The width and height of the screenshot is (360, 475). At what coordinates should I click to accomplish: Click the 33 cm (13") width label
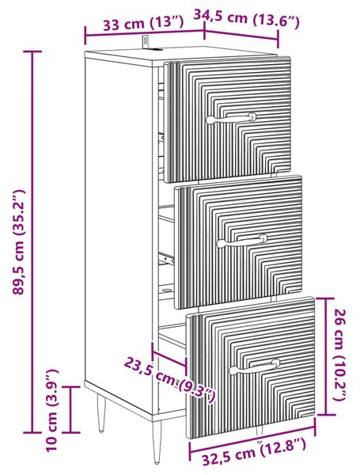143,23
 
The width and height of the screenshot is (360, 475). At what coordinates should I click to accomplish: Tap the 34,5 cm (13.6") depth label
246,19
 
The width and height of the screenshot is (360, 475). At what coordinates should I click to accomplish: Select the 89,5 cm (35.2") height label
19,241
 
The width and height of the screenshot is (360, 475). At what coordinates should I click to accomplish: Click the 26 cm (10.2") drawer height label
340,355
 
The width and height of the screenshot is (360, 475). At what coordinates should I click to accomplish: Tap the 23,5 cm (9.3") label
169,380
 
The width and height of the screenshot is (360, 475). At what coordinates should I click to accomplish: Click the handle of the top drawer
231,118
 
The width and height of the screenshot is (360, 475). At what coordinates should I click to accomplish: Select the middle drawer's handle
243,241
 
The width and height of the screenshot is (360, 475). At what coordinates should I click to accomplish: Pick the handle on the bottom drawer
254,367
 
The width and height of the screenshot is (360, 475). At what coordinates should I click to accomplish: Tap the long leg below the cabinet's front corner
157,442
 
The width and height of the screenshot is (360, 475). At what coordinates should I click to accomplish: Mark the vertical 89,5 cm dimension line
32,241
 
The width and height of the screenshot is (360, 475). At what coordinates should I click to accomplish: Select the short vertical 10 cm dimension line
71,409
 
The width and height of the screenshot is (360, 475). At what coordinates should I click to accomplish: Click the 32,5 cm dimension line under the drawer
252,435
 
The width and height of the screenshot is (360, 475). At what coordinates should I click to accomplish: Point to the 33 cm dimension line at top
145,32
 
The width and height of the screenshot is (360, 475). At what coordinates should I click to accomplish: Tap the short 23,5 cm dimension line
169,359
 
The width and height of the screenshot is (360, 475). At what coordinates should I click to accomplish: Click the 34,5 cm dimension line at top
241,35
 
